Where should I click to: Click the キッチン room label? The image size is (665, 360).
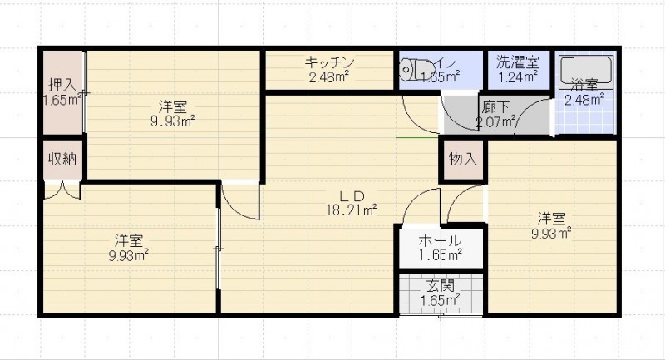(329, 62)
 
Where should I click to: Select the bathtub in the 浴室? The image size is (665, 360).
(586, 71)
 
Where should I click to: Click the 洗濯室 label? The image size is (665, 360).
(517, 62)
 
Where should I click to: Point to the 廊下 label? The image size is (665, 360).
(495, 107)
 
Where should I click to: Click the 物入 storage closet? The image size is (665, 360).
(463, 160)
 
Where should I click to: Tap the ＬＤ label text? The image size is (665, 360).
(352, 196)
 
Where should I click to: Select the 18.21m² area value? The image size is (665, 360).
(352, 210)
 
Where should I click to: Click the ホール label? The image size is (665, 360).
(440, 241)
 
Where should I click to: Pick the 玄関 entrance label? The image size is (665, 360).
(441, 286)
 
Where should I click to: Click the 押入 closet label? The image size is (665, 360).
(62, 85)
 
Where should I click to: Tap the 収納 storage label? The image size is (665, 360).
(62, 159)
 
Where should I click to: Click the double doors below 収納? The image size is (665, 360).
(62, 190)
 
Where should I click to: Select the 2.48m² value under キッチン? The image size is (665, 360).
(328, 77)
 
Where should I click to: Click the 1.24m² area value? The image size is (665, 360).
(517, 77)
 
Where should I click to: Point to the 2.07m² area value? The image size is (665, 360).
(495, 122)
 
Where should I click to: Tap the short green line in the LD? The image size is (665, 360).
(417, 138)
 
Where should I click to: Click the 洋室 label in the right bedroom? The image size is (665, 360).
(551, 219)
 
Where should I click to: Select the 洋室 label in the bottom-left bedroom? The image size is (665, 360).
(128, 241)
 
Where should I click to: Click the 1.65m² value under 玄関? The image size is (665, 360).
(441, 301)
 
